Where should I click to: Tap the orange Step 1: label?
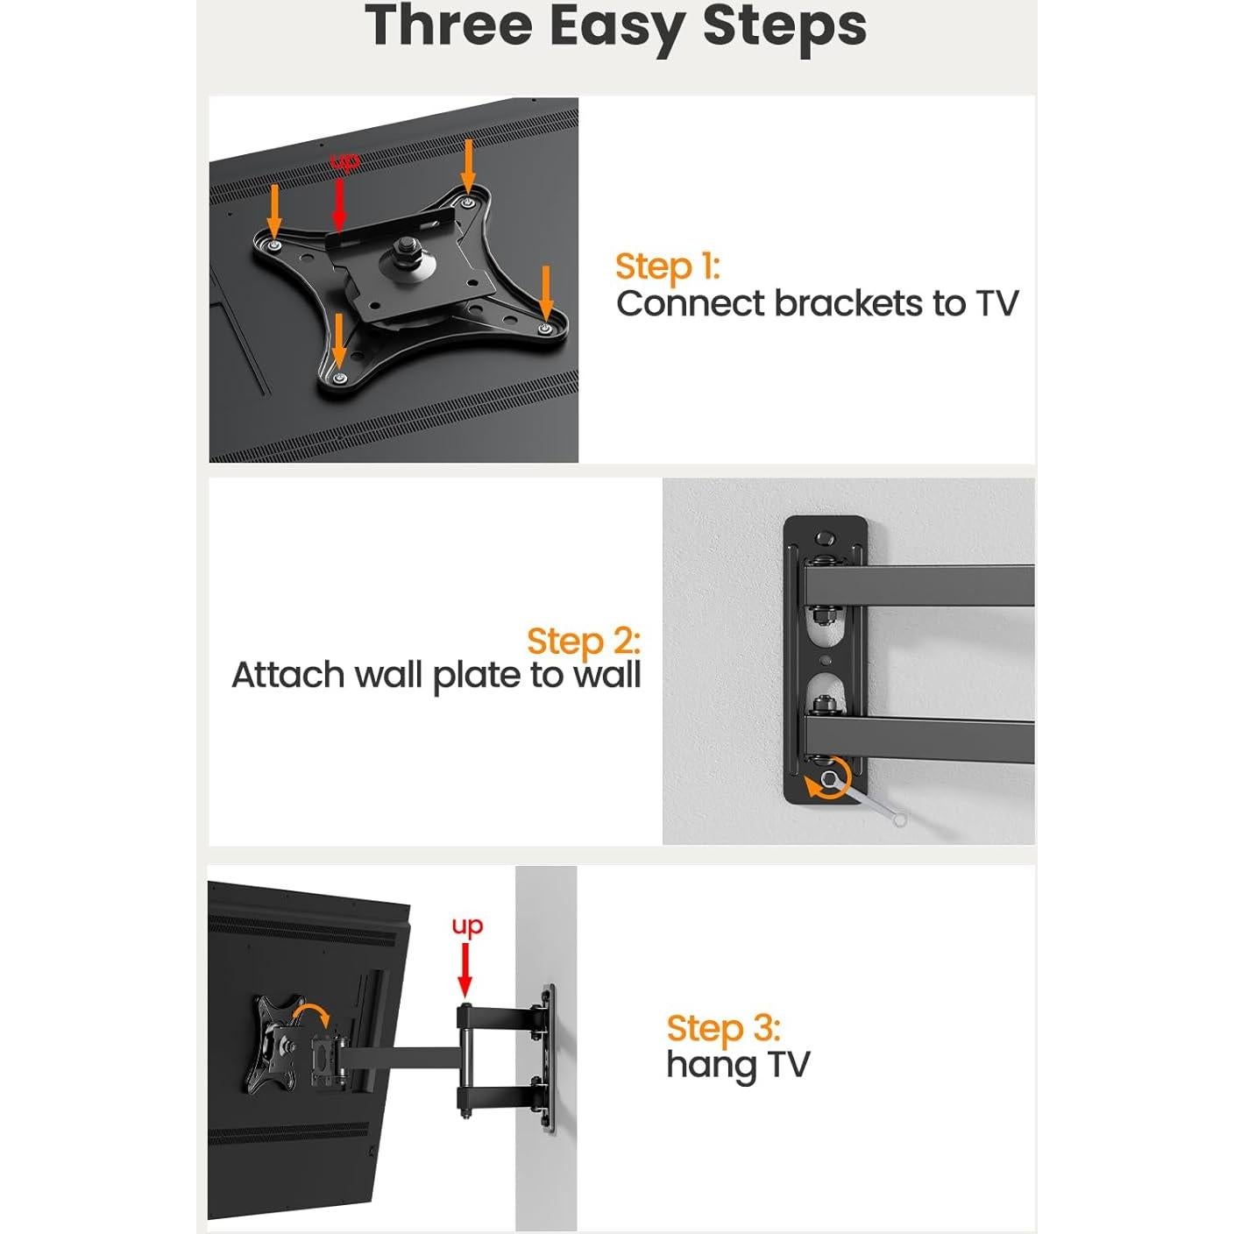tap(667, 266)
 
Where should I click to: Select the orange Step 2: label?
tap(584, 641)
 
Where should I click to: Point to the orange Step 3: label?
tap(723, 1028)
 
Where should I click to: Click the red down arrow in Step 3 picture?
tap(465, 973)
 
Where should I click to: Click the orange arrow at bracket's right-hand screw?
tap(546, 294)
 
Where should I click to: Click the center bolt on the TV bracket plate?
tap(408, 252)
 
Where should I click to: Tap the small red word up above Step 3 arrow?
tap(467, 925)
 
